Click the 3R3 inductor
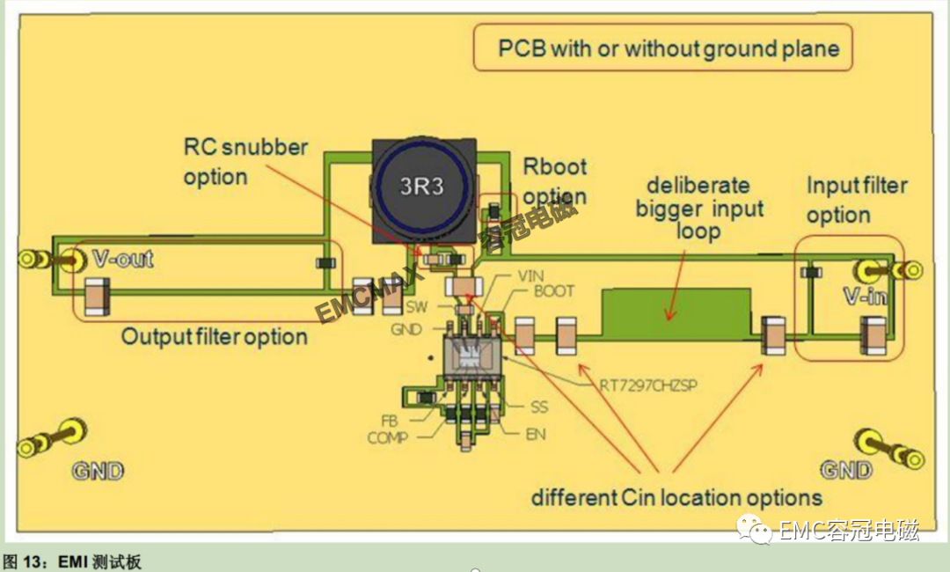422,191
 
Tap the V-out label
123,259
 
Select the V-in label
866,296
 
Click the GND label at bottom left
98,471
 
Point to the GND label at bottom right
846,470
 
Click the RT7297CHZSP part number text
647,385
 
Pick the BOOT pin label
553,291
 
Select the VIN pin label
530,276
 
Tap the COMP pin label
387,437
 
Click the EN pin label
536,435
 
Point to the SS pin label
539,407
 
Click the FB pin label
390,421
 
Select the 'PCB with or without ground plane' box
663,48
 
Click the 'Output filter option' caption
215,337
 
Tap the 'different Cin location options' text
676,497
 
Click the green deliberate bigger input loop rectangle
676,313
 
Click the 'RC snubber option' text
245,162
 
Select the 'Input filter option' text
857,200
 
